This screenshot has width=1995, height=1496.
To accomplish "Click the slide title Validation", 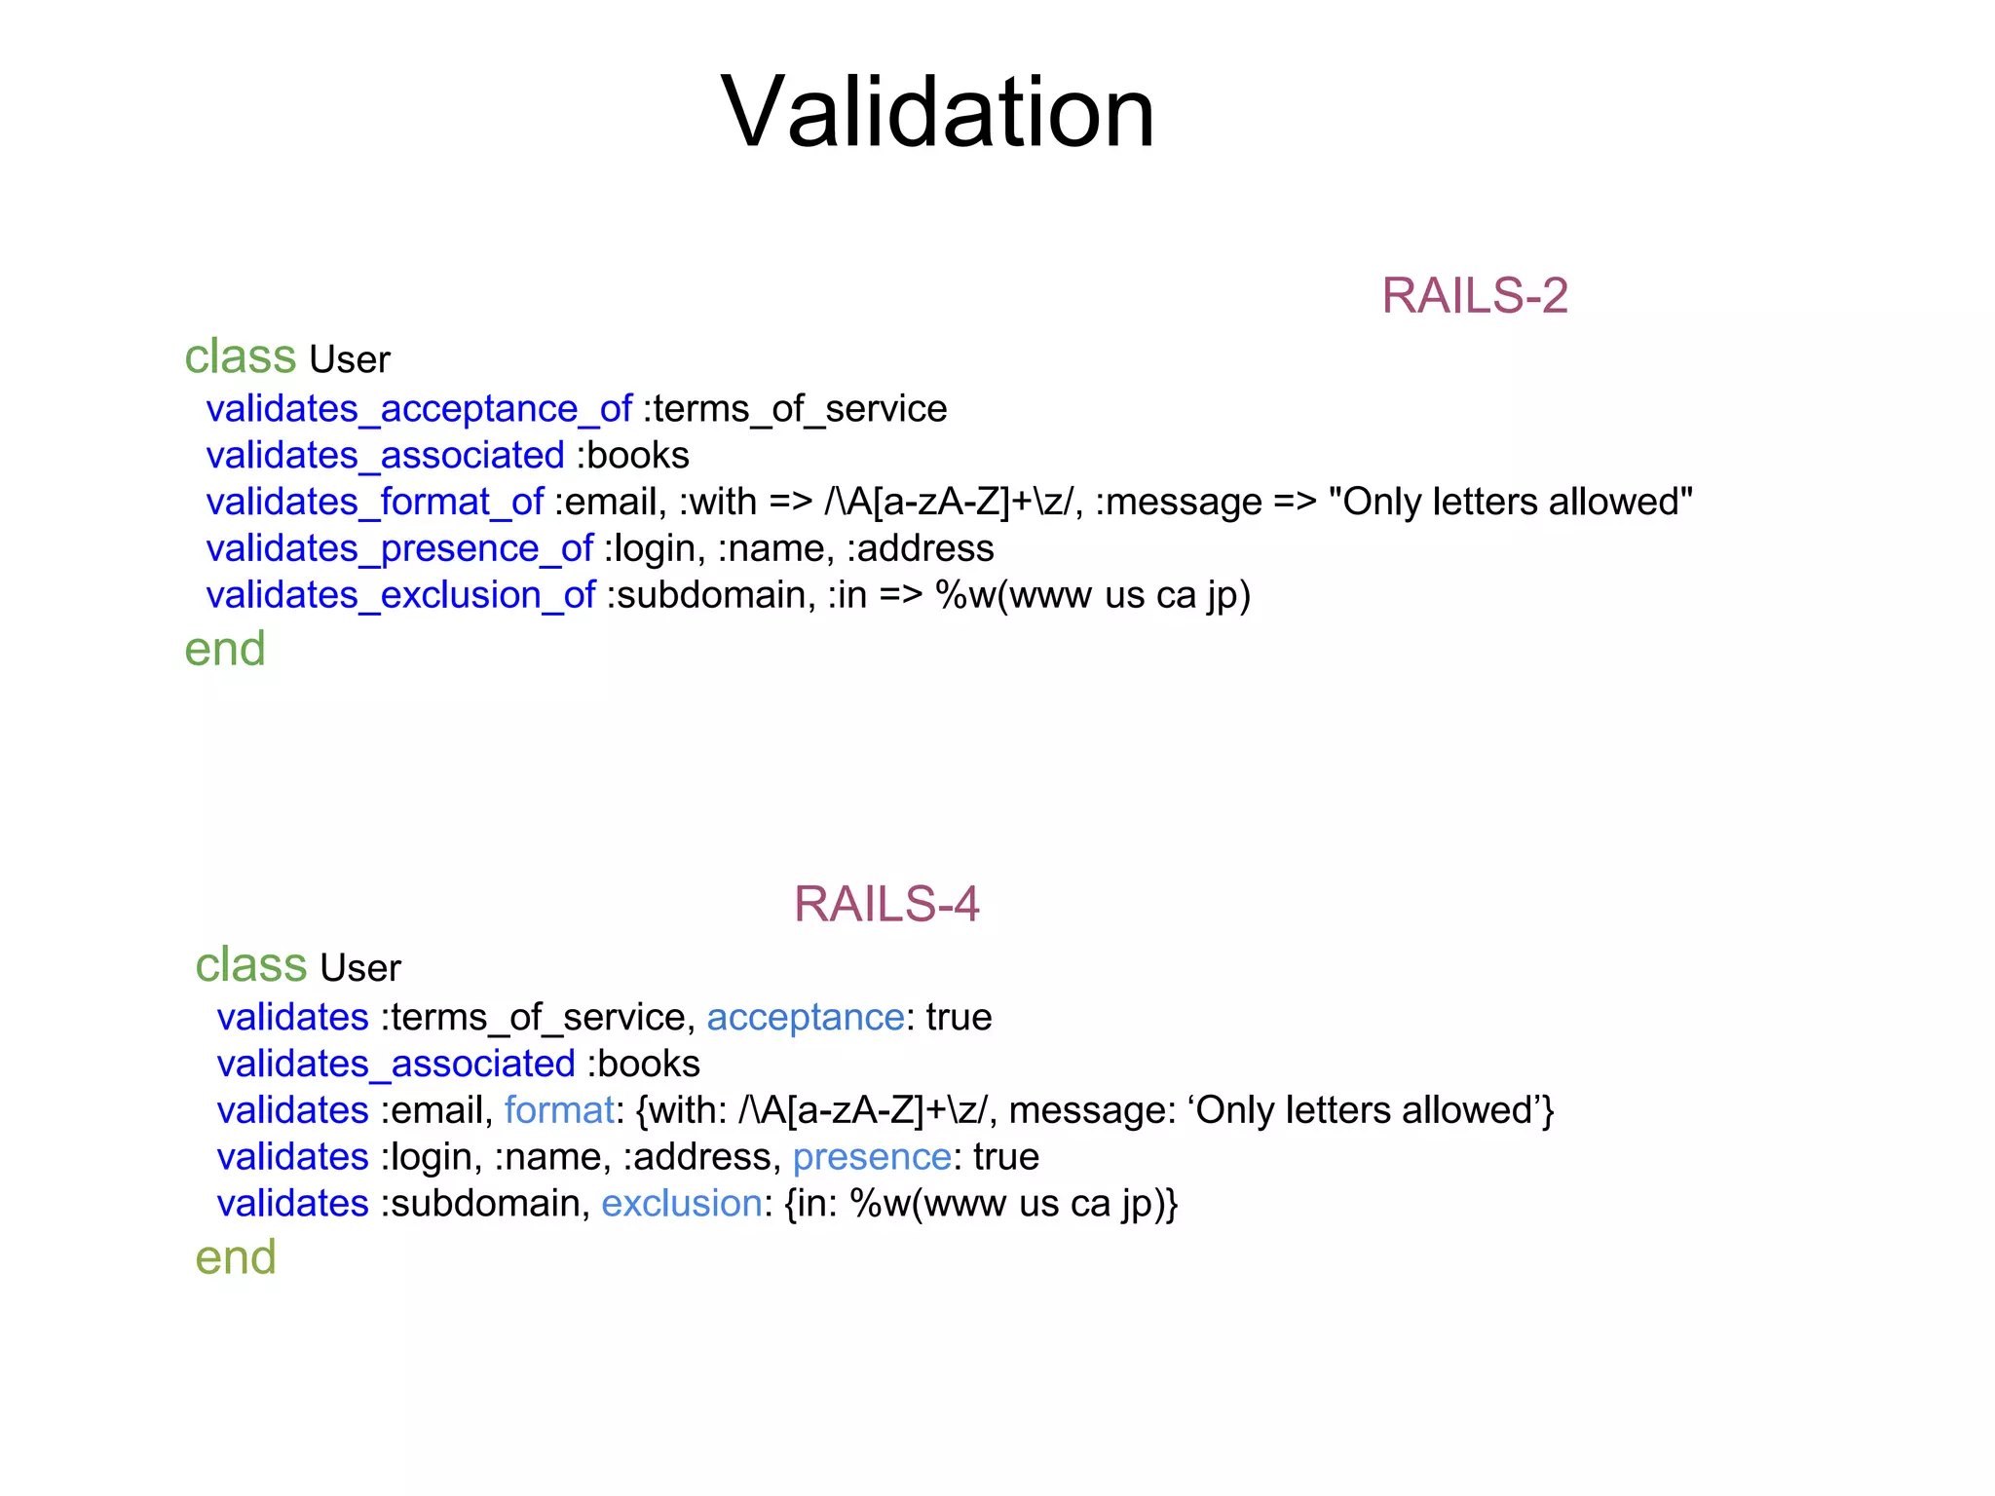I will point(937,113).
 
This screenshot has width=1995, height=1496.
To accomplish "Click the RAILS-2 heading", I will point(1474,296).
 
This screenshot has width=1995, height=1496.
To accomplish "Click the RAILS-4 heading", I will point(885,905).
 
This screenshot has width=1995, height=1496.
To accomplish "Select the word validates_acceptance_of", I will point(419,409).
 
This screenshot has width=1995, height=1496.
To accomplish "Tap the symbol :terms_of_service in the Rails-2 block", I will point(795,409).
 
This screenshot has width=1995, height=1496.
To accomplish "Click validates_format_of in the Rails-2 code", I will point(374,503).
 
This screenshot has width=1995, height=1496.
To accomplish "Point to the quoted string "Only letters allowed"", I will point(1510,503).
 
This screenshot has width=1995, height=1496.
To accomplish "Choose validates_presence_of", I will point(399,549).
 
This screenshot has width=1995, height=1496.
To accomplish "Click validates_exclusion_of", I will point(400,595).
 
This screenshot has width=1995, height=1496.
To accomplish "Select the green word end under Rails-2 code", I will point(225,650).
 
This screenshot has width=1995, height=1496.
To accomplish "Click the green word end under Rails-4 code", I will point(236,1258).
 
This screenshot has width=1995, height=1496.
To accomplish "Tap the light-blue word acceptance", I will point(805,1018).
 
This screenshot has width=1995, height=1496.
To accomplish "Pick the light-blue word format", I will point(559,1111).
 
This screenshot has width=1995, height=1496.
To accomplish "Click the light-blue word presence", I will point(871,1158).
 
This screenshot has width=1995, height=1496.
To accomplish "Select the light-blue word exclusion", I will point(681,1205).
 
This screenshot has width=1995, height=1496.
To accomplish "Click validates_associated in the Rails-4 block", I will point(395,1065).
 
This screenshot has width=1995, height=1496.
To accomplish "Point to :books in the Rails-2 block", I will point(633,456).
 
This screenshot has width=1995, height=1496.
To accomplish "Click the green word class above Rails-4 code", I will point(250,965).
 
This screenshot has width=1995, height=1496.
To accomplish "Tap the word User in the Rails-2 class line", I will point(349,360).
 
